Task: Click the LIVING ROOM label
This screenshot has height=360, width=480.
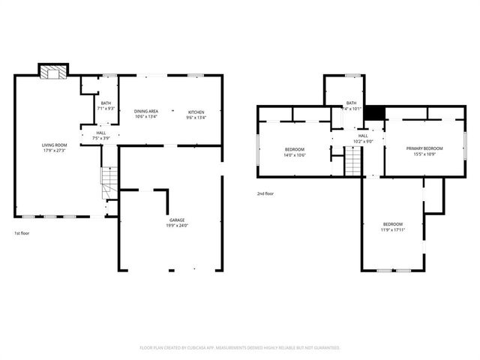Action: [x=54, y=145]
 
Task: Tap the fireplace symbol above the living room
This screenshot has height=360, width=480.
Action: [x=52, y=72]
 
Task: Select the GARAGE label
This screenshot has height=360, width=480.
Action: [x=177, y=220]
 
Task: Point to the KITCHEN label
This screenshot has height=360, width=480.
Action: [x=196, y=112]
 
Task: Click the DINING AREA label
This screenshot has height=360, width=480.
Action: [x=146, y=112]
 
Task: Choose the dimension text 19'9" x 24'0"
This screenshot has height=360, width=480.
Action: [x=177, y=226]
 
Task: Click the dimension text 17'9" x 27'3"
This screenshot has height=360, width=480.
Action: [x=54, y=150]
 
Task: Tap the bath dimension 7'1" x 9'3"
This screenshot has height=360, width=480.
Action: [x=106, y=109]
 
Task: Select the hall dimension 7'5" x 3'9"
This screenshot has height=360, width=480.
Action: [x=100, y=138]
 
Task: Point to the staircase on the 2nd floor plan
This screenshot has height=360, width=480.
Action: [x=352, y=160]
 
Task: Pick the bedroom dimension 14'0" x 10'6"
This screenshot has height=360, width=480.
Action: [x=294, y=154]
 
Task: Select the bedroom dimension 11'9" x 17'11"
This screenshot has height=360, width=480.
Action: [x=393, y=230]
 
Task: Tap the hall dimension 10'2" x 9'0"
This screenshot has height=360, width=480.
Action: [x=362, y=141]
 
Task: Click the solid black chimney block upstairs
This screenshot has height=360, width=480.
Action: [x=379, y=112]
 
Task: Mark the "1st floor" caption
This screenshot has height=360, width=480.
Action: [x=22, y=234]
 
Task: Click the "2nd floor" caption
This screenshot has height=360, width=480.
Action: [x=265, y=193]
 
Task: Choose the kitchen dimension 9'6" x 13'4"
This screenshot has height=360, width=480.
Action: [x=196, y=117]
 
